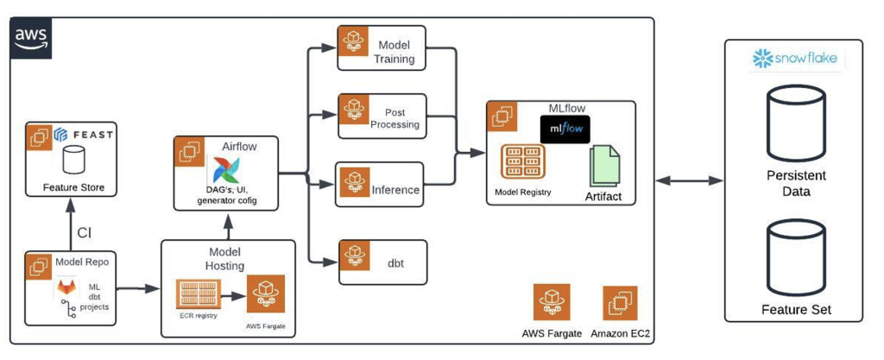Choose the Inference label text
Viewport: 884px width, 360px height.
(x=395, y=189)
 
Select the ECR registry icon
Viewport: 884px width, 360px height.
(x=199, y=294)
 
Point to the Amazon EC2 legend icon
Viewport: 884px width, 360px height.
(x=620, y=303)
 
